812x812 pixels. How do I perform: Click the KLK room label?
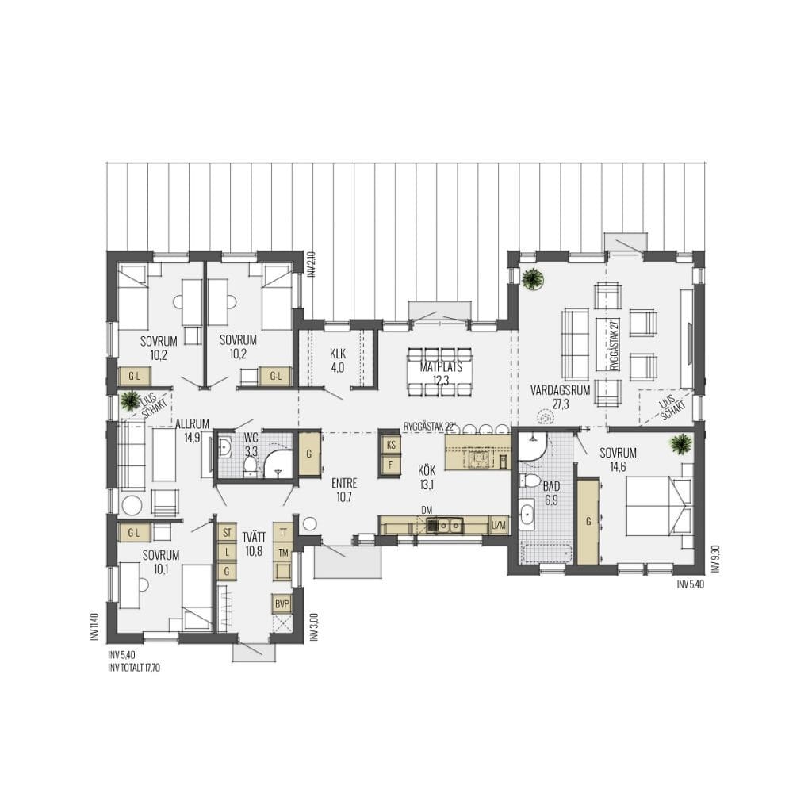click(338, 354)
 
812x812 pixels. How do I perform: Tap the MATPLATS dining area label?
click(441, 367)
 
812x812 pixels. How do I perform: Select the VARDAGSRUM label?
click(561, 390)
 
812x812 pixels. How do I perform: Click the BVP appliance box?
click(282, 603)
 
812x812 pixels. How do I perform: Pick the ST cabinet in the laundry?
click(227, 532)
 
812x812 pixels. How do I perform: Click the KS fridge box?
click(391, 445)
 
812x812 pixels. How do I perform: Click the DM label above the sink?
click(427, 511)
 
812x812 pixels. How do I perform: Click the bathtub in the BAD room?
click(547, 554)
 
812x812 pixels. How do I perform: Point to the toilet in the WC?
click(251, 464)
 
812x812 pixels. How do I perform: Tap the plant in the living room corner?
click(532, 280)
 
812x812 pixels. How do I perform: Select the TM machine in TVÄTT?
click(283, 553)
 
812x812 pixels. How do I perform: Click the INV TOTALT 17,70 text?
click(134, 668)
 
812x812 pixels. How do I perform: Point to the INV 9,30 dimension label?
click(716, 558)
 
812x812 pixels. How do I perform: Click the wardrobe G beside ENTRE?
click(309, 454)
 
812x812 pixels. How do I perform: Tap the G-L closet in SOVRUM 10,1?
click(133, 532)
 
